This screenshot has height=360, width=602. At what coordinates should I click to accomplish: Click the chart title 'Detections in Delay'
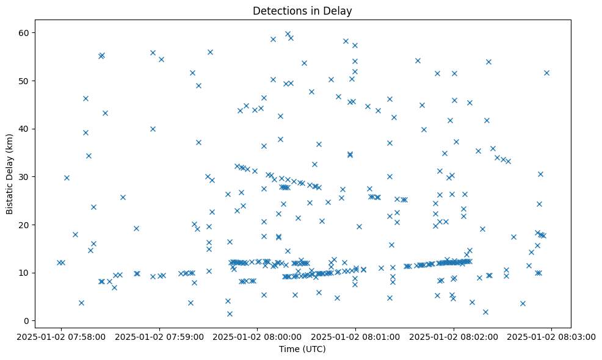pyautogui.click(x=302, y=11)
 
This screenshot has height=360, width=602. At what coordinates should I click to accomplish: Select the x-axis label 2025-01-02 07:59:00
pyautogui.click(x=159, y=336)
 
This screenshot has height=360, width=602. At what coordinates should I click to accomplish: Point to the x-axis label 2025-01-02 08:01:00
pyautogui.click(x=355, y=336)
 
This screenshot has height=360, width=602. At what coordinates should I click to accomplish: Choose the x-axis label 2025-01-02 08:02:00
pyautogui.click(x=454, y=336)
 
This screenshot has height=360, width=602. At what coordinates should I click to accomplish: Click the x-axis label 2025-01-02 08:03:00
pyautogui.click(x=551, y=336)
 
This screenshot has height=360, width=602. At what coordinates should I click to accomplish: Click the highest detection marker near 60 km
pyautogui.click(x=288, y=34)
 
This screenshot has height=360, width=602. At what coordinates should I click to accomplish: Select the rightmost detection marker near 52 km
pyautogui.click(x=546, y=73)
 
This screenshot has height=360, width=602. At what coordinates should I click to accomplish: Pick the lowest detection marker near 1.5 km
pyautogui.click(x=230, y=314)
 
